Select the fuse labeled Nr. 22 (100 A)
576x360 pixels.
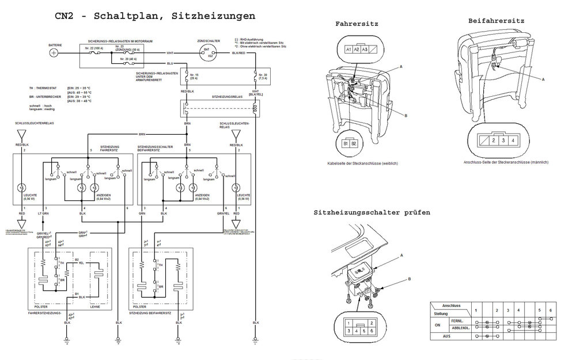click(x=94, y=49)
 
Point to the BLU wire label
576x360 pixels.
click(x=169, y=63)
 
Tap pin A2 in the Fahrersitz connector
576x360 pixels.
click(x=358, y=51)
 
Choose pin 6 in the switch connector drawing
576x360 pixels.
click(x=373, y=332)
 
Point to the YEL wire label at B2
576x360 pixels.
click(x=81, y=263)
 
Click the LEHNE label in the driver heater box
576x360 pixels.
click(x=95, y=306)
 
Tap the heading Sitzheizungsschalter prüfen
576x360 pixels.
click(x=372, y=213)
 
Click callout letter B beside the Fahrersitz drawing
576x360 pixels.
click(x=406, y=116)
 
